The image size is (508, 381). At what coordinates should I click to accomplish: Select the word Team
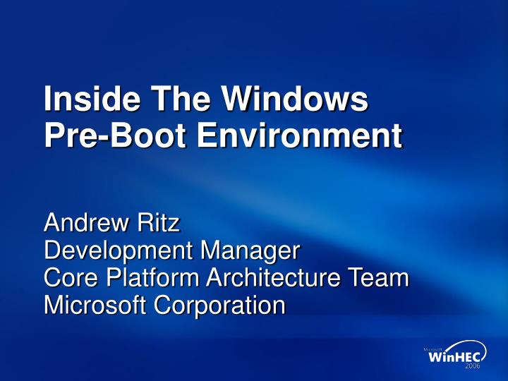pyautogui.click(x=381, y=278)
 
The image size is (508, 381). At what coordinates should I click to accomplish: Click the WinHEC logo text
pyautogui.click(x=454, y=358)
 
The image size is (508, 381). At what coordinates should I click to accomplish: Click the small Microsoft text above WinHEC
pyautogui.click(x=433, y=349)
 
